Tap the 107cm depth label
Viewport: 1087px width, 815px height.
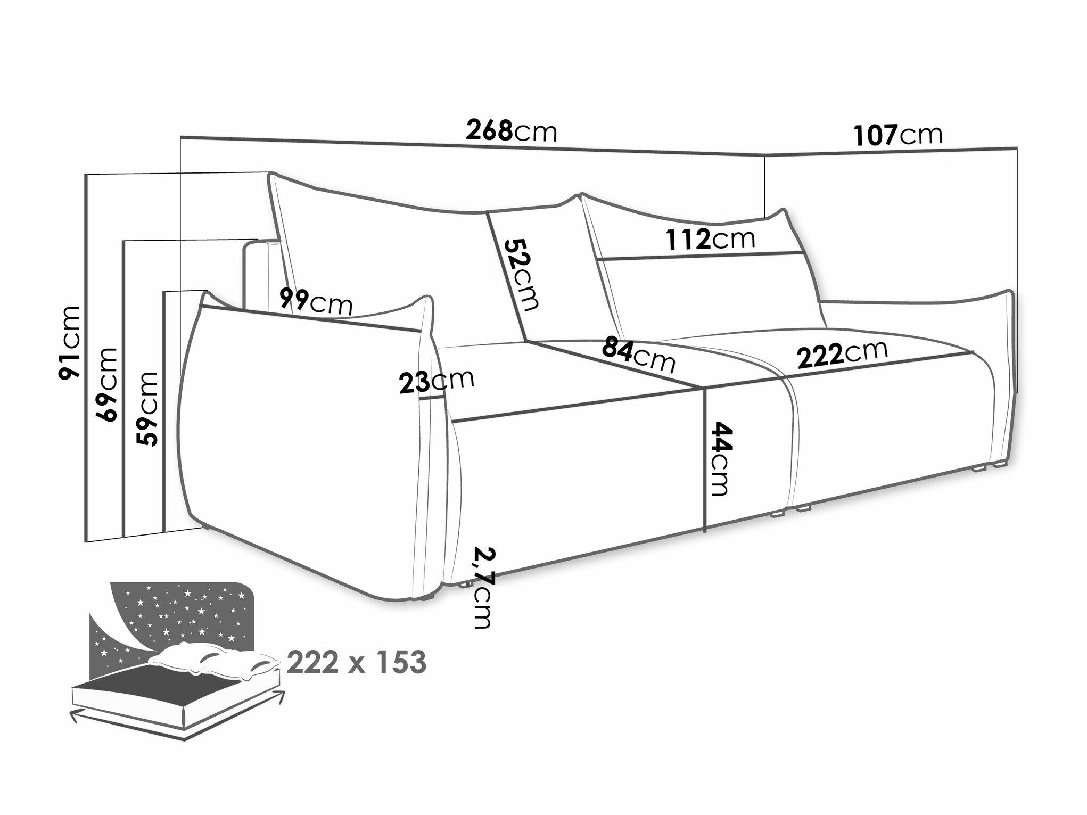click(897, 135)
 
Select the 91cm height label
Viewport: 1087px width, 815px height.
click(70, 343)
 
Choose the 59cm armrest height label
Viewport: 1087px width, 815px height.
click(147, 409)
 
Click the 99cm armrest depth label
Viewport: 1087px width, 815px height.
click(316, 302)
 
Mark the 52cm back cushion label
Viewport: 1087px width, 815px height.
click(521, 274)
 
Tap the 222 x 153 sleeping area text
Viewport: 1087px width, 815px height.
click(357, 662)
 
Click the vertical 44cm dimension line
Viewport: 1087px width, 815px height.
click(705, 460)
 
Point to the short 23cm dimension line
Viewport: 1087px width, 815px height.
click(432, 398)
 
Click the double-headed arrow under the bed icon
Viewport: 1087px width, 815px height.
click(179, 710)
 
